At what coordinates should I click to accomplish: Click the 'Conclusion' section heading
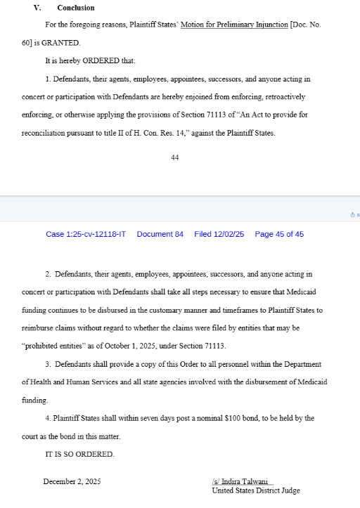(x=76, y=8)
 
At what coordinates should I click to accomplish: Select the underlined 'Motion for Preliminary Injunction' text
(x=235, y=25)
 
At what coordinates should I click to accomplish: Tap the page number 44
(x=175, y=157)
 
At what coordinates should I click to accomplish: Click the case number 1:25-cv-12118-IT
(x=86, y=234)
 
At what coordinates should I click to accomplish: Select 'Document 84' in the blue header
(x=160, y=234)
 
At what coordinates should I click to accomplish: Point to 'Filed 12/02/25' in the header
(x=219, y=234)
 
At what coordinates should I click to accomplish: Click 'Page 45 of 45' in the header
(x=279, y=234)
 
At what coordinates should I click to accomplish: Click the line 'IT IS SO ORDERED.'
(x=79, y=455)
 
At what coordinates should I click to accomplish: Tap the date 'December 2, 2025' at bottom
(x=72, y=481)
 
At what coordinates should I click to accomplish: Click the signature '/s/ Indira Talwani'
(x=241, y=481)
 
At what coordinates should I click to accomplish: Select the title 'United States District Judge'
(x=255, y=490)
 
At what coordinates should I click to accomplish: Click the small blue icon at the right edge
(x=353, y=214)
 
